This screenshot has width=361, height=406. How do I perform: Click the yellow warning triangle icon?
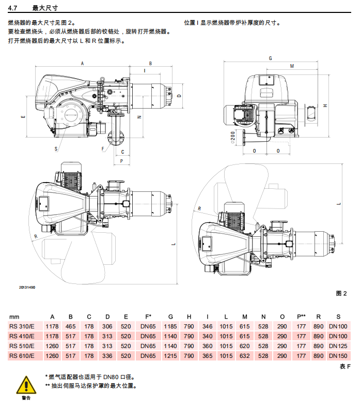(x=26, y=385)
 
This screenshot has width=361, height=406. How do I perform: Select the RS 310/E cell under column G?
(x=170, y=326)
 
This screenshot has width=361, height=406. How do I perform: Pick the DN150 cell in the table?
(x=338, y=356)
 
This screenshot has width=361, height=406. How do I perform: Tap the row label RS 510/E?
(x=22, y=346)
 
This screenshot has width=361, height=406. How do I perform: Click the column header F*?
(x=148, y=317)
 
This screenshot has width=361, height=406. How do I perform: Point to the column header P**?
(x=301, y=317)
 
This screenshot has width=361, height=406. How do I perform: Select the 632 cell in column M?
(x=245, y=356)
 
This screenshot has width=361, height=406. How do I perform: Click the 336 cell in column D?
(x=107, y=356)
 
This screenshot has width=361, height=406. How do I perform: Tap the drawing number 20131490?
(x=27, y=288)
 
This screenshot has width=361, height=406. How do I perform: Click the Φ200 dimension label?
(x=233, y=138)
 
